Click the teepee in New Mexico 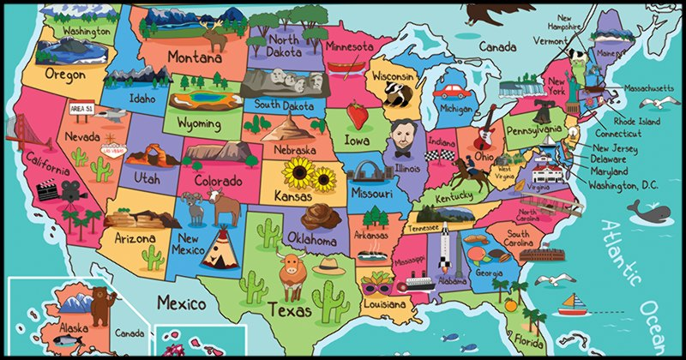(x=219, y=244)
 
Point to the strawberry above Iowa (x=358, y=115)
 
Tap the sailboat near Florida (x=571, y=303)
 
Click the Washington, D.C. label (x=630, y=184)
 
